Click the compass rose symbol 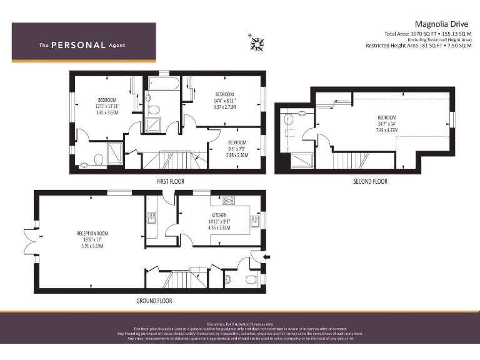256,42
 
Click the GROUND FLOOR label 154,301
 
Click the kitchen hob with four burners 229,201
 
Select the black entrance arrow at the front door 267,256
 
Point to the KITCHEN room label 218,215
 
